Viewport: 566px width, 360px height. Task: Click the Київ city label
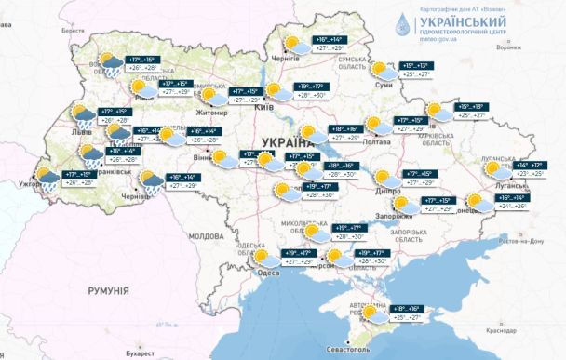point(263,108)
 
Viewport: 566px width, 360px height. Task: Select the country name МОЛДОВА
point(203,236)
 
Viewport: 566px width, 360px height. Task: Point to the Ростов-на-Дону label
point(522,242)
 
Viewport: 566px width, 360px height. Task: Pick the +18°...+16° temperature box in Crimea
point(408,311)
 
